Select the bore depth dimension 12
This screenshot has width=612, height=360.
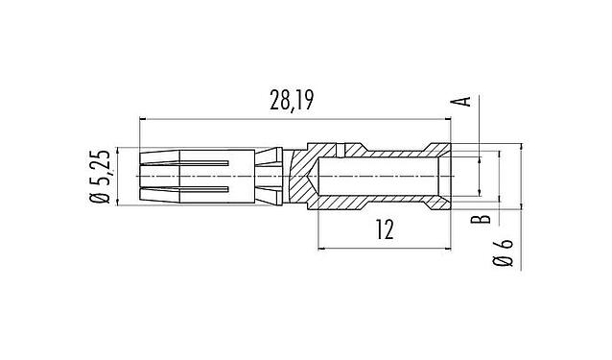pos(383,230)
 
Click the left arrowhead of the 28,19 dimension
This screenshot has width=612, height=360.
pos(144,118)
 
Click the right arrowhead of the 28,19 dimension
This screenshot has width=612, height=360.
pos(448,118)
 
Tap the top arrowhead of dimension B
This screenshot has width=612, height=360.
pos(499,154)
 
